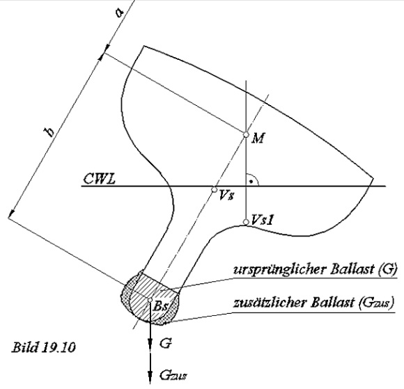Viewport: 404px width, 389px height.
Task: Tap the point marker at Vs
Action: [x=215, y=189]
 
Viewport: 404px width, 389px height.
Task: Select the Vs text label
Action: [x=226, y=198]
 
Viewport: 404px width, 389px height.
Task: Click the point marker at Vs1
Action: [x=245, y=223]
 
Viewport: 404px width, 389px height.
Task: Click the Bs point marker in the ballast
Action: [x=150, y=300]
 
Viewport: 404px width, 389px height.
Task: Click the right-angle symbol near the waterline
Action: [x=254, y=180]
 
